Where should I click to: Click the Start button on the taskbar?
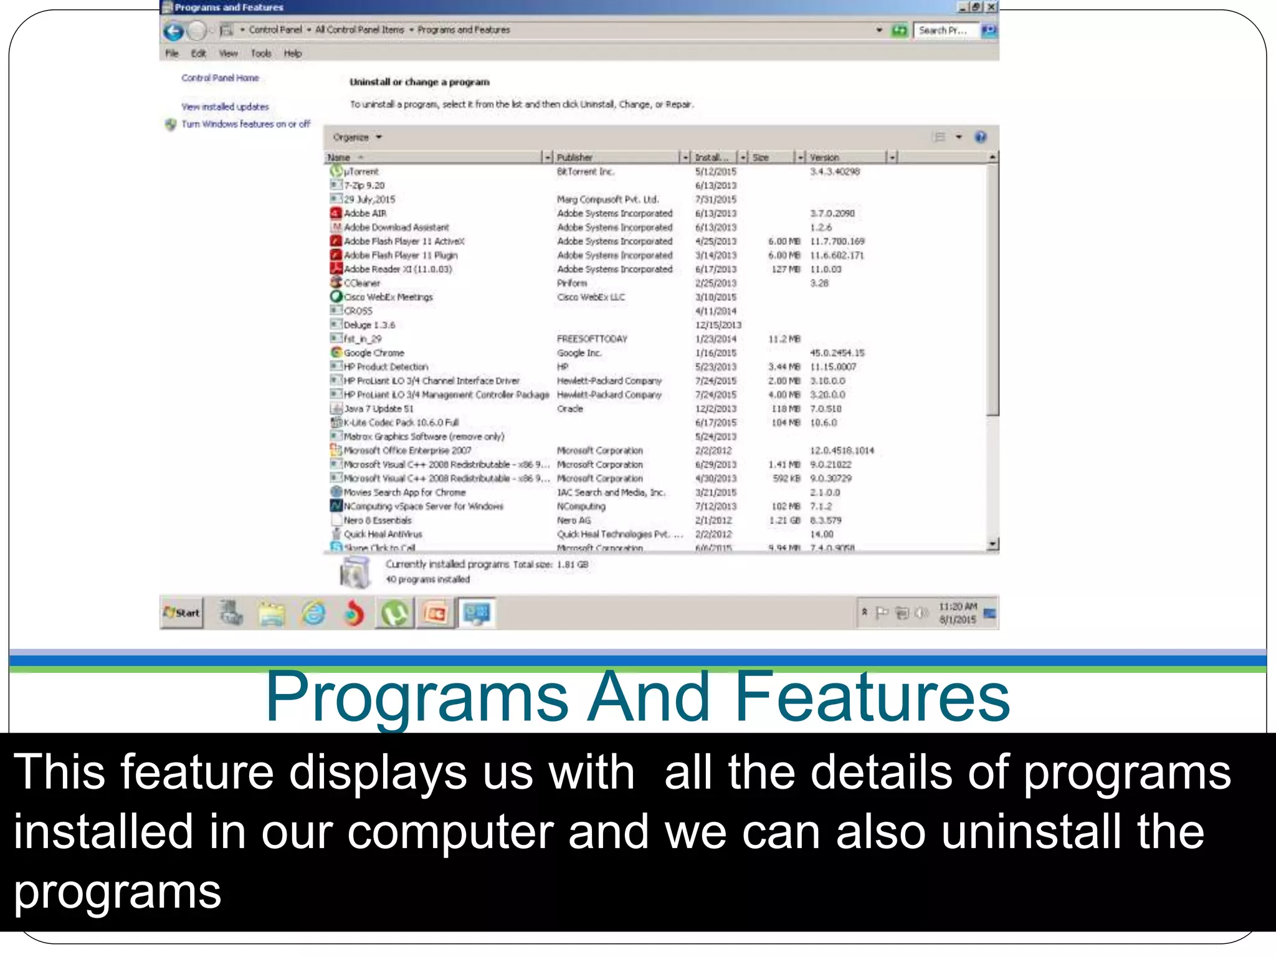coord(182,613)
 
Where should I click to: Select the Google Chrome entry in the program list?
coord(374,353)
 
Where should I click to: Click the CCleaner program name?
coord(362,283)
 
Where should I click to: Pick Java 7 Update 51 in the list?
coord(379,409)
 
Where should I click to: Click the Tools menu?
coord(261,54)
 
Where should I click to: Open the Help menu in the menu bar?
coord(293,54)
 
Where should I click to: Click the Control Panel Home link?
coord(220,78)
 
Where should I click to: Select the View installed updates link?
coord(225,107)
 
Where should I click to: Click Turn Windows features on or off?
coord(245,124)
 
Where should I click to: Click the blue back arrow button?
coord(174,31)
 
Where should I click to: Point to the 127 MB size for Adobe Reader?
coord(785,269)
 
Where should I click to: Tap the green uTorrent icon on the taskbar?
coord(395,614)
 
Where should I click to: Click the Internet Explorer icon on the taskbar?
coord(313,614)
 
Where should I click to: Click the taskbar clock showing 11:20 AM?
coord(958,613)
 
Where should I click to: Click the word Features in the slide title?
coord(872,697)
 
